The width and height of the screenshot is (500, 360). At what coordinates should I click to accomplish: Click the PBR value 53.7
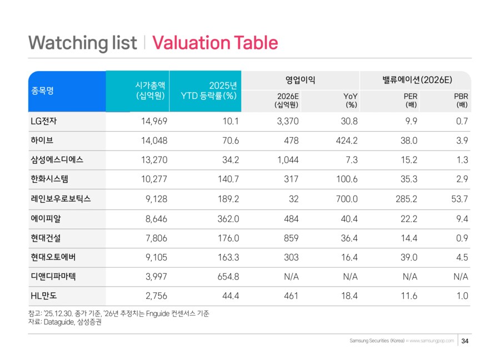(459, 199)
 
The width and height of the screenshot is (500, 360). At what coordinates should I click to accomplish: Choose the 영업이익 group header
(296, 80)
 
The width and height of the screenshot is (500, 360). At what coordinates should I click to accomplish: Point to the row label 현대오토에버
(54, 257)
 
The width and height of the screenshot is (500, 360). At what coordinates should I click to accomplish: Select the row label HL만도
(44, 296)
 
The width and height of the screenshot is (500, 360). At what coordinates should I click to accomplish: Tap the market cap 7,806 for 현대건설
(154, 238)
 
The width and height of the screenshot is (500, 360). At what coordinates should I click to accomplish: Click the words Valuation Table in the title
(214, 43)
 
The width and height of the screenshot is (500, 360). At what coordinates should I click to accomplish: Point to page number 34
(466, 341)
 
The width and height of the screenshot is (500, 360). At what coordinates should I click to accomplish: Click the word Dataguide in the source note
(66, 322)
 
